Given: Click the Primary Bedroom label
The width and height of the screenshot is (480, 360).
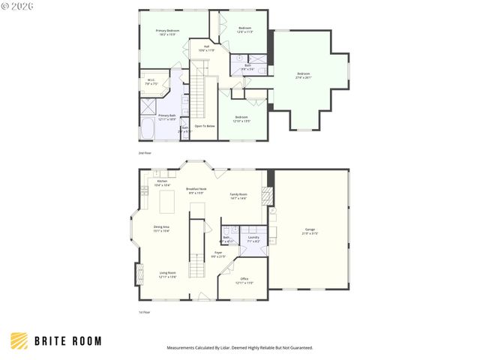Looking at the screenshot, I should coord(166,31).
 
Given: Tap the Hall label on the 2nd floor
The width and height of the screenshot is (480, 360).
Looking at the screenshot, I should coord(206,47).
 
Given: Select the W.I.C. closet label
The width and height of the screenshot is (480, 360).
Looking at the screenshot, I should coord(151,82).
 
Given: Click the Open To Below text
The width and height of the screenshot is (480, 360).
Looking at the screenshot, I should coord(205,126).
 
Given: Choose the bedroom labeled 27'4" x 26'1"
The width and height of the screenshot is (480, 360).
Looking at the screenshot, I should coord(303,74).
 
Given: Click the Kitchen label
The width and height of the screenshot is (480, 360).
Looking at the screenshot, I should coord(162,182).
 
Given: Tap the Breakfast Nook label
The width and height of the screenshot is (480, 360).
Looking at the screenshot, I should coord(195,190).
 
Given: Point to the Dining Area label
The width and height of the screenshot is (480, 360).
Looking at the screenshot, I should coord(161,228).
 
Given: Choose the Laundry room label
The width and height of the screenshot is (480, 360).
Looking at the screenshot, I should coord(253,238).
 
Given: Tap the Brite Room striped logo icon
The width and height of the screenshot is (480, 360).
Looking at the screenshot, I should coord(19,340).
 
